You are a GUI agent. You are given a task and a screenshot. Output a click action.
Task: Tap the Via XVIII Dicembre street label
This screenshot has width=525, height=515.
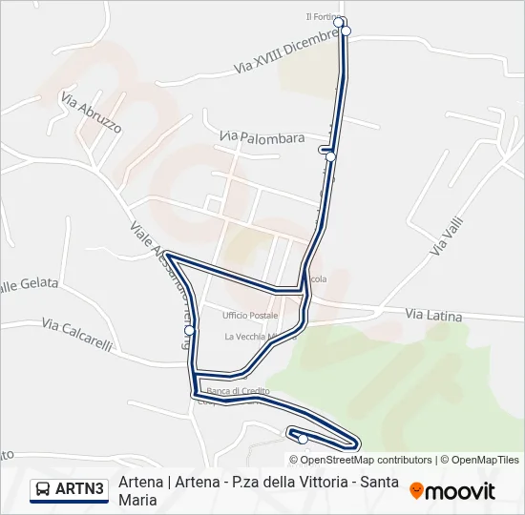tap(286, 53)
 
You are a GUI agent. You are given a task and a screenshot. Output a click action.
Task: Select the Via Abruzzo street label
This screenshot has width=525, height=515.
tap(91, 112)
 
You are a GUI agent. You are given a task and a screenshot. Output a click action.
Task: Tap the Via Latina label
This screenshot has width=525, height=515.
tap(433, 315)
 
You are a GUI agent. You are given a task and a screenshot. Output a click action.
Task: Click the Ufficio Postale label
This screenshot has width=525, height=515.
tap(249, 316)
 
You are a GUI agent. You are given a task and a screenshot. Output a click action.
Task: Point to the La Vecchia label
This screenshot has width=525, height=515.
tap(246, 337)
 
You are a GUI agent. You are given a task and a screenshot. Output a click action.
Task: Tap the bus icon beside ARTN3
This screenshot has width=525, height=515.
tap(43, 489)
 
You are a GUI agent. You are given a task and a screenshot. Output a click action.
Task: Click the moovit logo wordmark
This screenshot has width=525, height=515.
tap(461, 491)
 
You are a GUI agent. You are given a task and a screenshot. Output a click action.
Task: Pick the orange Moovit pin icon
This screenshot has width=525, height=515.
tap(416, 491)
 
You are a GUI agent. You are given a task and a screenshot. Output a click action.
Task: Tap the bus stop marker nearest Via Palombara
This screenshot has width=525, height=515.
tap(330, 156)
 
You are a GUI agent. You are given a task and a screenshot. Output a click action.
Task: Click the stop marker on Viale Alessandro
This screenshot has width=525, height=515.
tap(190, 330)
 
